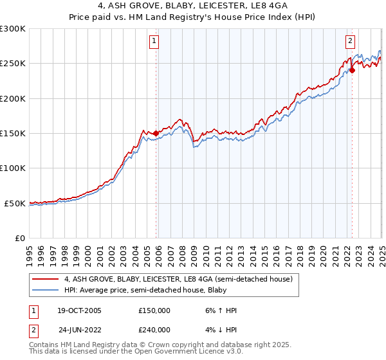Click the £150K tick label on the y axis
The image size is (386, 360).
12,133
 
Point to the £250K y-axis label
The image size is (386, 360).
12,63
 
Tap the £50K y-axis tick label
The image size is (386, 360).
14,203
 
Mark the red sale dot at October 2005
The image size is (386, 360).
156,133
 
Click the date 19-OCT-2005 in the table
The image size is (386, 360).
79,310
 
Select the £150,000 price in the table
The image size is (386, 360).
154,310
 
